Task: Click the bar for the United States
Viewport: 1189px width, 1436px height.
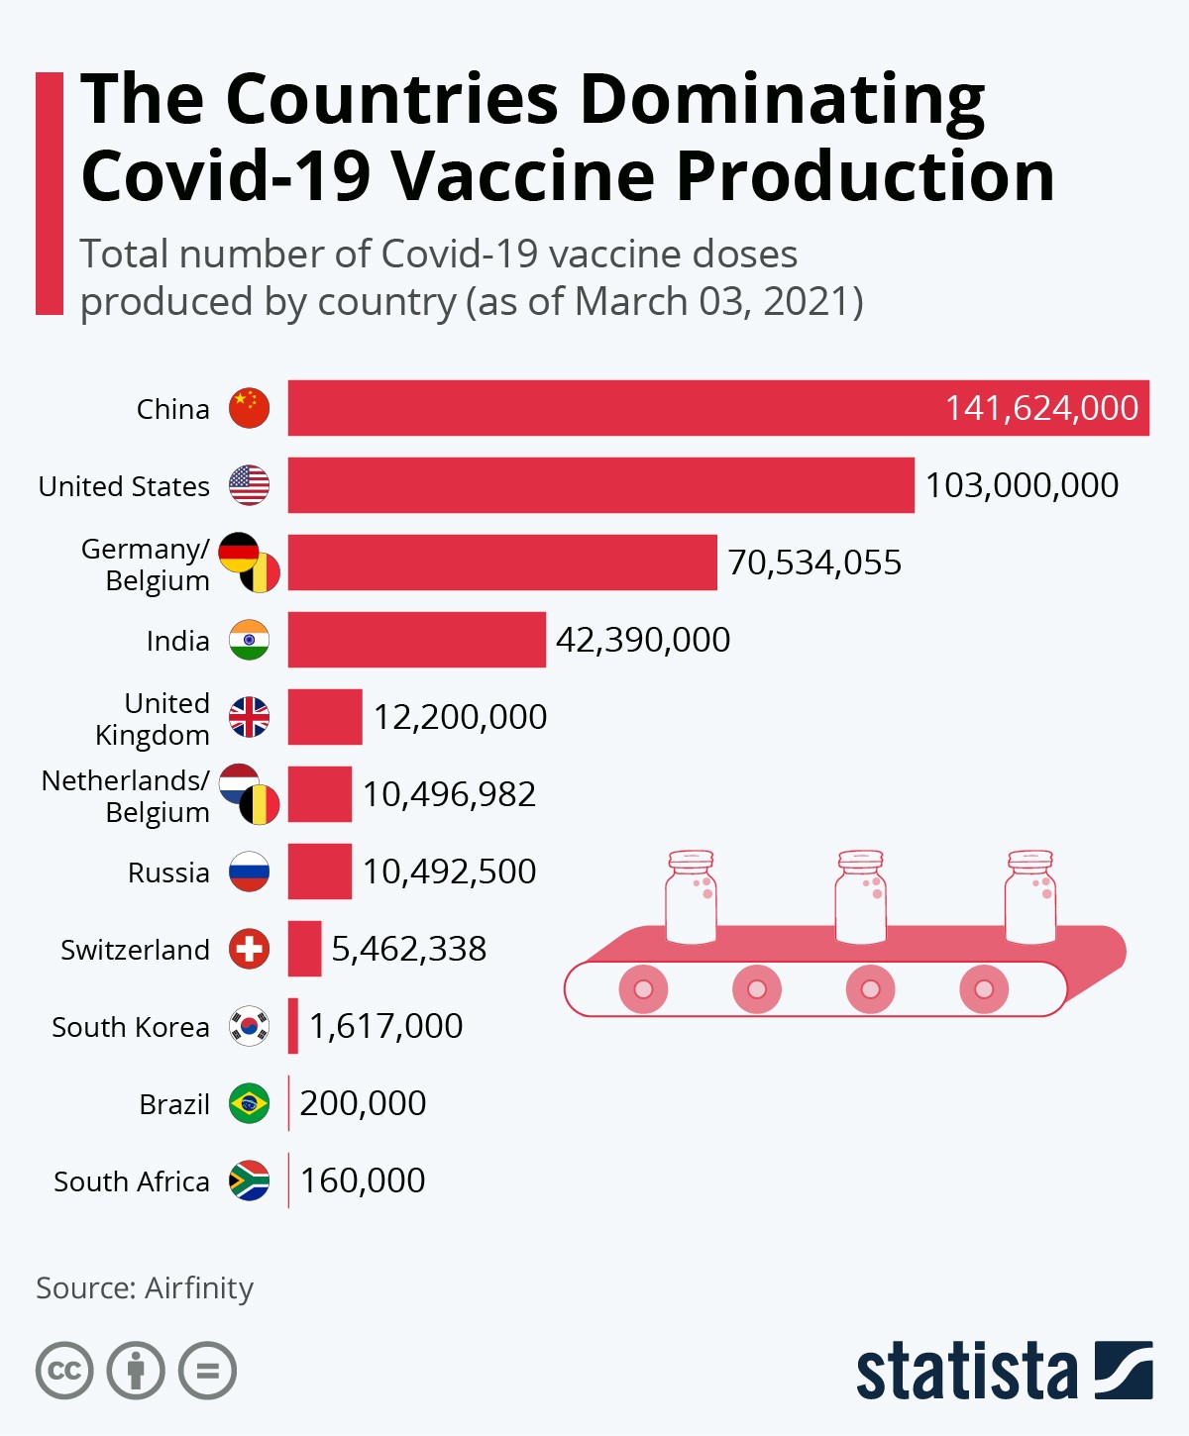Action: [x=600, y=485]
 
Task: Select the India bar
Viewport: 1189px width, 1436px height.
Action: [x=416, y=640]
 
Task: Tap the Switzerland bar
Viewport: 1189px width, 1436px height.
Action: [x=304, y=949]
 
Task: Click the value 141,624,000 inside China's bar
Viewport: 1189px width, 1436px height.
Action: [x=1041, y=408]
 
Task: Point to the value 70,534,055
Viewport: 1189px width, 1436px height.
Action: [x=814, y=563]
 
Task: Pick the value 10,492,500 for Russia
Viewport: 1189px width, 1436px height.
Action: [x=449, y=872]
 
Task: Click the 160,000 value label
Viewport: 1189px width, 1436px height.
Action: [x=363, y=1180]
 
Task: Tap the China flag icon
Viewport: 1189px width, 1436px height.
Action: [x=249, y=408]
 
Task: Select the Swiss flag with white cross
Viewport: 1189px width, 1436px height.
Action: [x=249, y=949]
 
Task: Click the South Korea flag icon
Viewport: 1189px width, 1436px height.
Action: [x=249, y=1026]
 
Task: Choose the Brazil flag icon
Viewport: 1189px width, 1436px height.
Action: [x=249, y=1103]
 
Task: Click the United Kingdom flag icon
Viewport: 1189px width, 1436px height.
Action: [x=249, y=717]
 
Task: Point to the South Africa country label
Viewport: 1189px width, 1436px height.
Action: [x=132, y=1181]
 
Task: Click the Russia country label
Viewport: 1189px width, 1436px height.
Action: [x=168, y=872]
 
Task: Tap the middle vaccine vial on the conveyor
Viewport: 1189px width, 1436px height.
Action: [x=860, y=896]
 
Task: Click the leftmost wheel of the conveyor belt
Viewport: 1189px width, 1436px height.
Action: [x=643, y=988]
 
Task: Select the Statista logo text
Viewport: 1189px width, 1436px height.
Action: [x=966, y=1371]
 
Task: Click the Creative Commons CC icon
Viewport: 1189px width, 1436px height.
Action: [x=64, y=1371]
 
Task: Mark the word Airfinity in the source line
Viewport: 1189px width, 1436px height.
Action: [x=199, y=1287]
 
